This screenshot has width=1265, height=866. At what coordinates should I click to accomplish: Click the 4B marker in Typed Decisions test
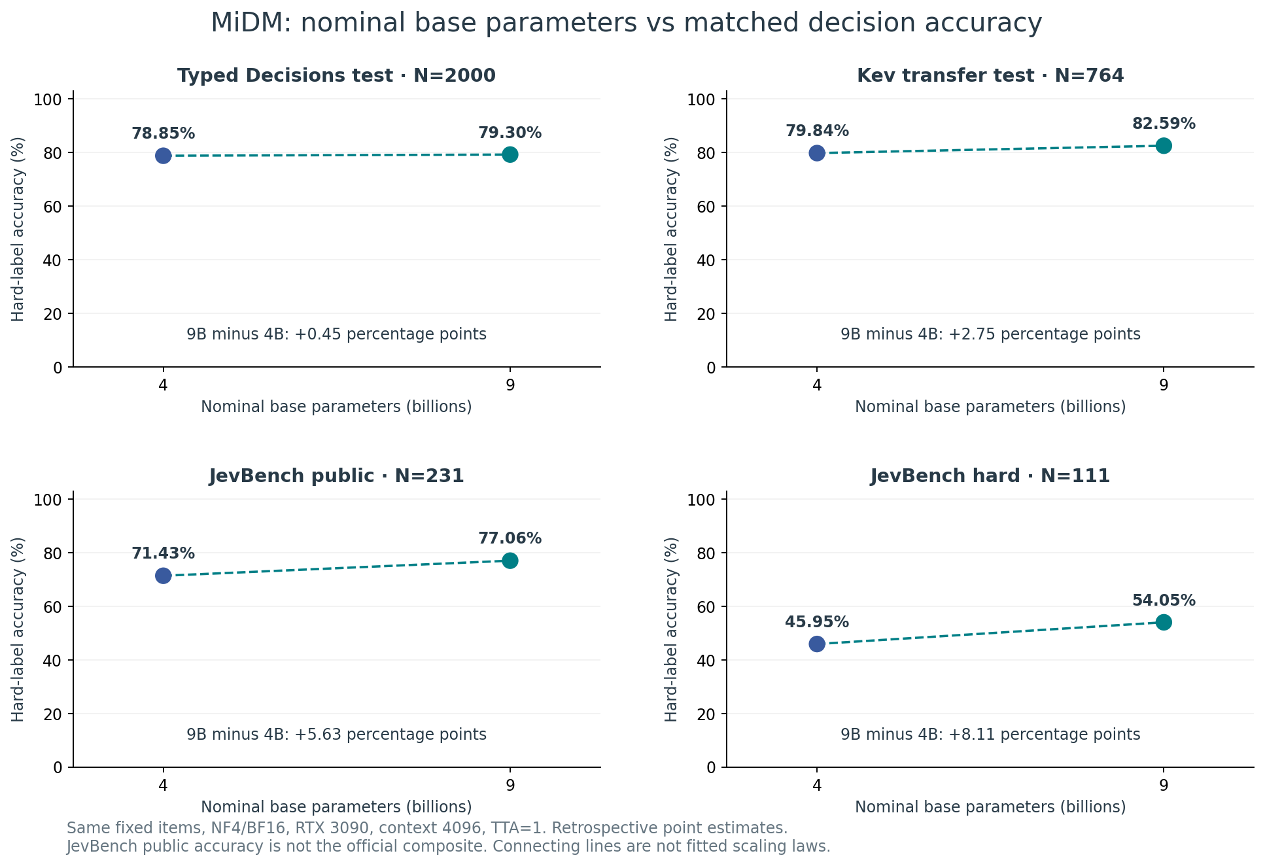[164, 156]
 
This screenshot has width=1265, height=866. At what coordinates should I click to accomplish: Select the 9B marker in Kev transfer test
[1164, 146]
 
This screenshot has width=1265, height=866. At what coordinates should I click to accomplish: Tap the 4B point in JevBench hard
[817, 644]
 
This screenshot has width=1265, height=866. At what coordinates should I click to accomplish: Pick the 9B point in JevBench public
[510, 561]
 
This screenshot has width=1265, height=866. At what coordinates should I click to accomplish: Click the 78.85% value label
[164, 133]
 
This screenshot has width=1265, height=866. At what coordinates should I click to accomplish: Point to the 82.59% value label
[1164, 124]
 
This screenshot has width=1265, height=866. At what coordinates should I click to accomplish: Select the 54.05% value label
[1164, 600]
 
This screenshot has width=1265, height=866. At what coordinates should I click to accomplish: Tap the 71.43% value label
[164, 553]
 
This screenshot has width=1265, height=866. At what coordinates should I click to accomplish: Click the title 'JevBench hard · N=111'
[990, 476]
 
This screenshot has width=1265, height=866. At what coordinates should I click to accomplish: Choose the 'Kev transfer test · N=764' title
[990, 76]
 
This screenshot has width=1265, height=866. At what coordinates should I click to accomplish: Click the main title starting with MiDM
[626, 24]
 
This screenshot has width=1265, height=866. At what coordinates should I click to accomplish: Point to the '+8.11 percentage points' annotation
[1044, 735]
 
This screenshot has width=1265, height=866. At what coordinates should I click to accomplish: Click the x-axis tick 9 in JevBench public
[510, 784]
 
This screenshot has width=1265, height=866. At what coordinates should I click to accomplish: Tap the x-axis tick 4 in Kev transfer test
[817, 385]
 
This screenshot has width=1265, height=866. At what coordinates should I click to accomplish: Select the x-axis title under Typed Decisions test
[336, 407]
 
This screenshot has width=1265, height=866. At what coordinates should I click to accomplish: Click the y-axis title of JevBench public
[18, 629]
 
